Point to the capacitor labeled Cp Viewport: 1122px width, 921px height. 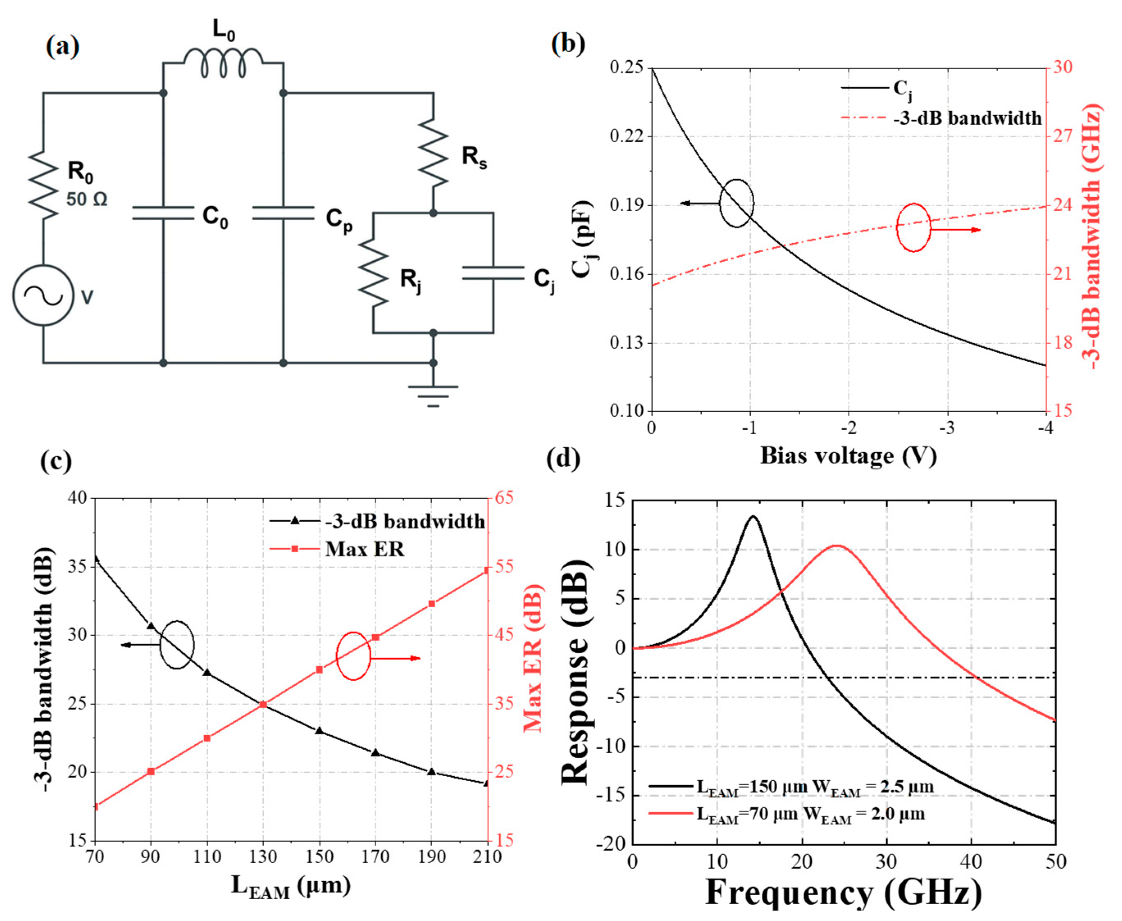(x=283, y=213)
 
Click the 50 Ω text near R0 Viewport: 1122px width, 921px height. (x=87, y=199)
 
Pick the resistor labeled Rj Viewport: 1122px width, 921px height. (x=373, y=273)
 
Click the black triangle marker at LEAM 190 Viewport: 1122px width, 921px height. (x=432, y=772)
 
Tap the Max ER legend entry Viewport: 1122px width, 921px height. (x=364, y=549)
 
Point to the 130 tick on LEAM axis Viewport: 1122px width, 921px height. (x=263, y=857)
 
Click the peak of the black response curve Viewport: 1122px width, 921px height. (x=752, y=516)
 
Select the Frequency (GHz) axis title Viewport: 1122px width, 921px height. (x=843, y=892)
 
